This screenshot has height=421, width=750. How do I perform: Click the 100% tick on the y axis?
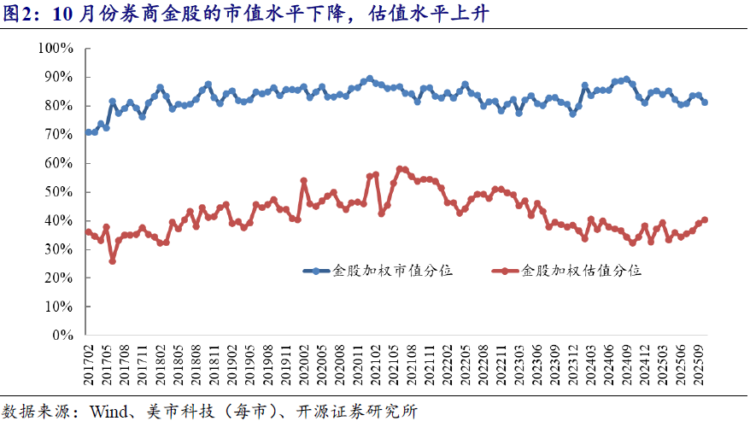[x=57, y=49]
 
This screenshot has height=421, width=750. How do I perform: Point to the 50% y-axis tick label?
[x=61, y=192]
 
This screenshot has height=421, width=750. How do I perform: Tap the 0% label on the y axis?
[x=65, y=336]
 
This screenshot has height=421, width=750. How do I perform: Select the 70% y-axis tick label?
[x=61, y=135]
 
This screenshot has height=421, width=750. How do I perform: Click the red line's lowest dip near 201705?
[x=113, y=260]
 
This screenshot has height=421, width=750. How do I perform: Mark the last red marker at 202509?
[x=705, y=219]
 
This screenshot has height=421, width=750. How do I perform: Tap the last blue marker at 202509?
[x=705, y=102]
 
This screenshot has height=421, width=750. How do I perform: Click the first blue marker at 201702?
[x=89, y=132]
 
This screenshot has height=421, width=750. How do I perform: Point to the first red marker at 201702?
[x=89, y=232]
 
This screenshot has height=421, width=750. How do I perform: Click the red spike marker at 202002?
[x=304, y=181]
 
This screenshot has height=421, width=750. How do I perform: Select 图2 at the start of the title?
[x=20, y=15]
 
